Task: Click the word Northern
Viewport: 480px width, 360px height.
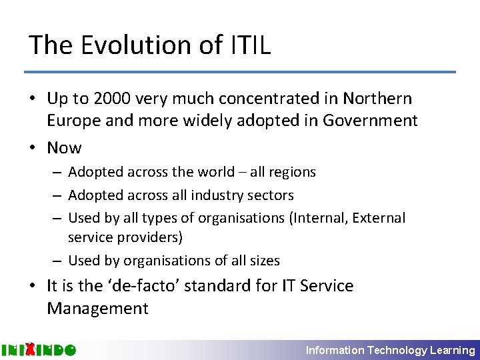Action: tap(377, 99)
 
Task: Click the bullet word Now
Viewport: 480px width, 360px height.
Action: tap(64, 148)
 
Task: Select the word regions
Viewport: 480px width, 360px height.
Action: tap(291, 172)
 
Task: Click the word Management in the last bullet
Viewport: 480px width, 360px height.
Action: tap(97, 309)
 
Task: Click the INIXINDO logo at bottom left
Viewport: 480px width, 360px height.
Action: tap(38, 349)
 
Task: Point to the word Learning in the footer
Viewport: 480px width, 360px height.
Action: tap(453, 350)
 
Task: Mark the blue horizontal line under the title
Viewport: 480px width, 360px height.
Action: tap(240, 72)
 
